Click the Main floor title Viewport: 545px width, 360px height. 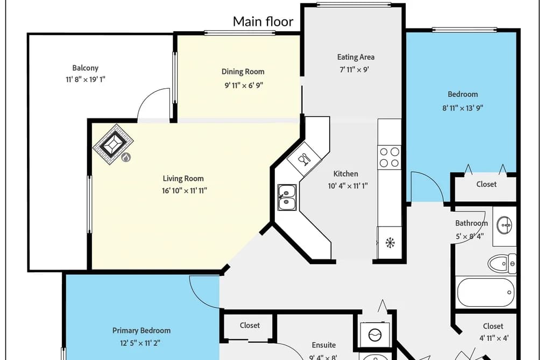pyautogui.click(x=263, y=22)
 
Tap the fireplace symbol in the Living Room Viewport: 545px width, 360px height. pyautogui.click(x=114, y=144)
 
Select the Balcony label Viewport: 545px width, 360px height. pyautogui.click(x=85, y=68)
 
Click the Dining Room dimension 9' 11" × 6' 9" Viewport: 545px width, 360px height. pyautogui.click(x=244, y=85)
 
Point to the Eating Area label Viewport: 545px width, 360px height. pyautogui.click(x=356, y=57)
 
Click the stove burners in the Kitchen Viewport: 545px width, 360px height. pyautogui.click(x=390, y=157)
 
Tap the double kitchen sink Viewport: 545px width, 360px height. pyautogui.click(x=287, y=197)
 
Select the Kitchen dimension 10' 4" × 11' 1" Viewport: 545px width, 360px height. pyautogui.click(x=348, y=186)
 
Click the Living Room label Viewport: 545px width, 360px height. pyautogui.click(x=183, y=178)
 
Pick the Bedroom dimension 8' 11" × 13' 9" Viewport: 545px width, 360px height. pyautogui.click(x=463, y=108)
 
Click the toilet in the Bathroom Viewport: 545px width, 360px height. pyautogui.click(x=502, y=263)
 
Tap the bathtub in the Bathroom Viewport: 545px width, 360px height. pyautogui.click(x=486, y=292)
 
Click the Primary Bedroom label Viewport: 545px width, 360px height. pyautogui.click(x=141, y=330)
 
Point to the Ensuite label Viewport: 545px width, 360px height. pyautogui.click(x=323, y=345)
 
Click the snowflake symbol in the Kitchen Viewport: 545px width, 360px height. pyautogui.click(x=391, y=243)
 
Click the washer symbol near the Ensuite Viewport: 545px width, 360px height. pyautogui.click(x=374, y=335)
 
